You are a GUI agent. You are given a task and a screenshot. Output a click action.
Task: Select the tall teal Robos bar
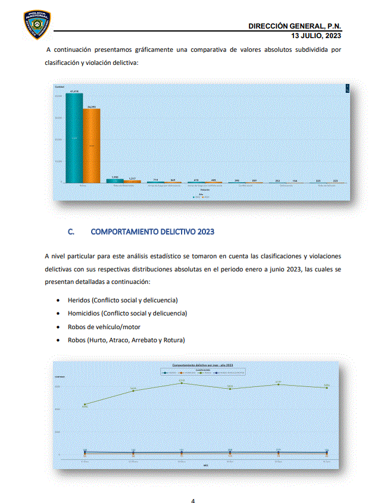click(74, 138)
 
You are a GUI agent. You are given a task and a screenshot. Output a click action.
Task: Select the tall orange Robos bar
click(91, 145)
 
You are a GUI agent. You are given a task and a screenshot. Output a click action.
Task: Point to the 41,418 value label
click(74, 91)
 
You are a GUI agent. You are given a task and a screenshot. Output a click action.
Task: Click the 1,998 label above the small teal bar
click(115, 177)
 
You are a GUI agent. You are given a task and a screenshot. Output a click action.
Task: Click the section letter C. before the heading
click(71, 232)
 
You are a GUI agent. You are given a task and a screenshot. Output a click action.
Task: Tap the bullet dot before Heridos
click(57, 300)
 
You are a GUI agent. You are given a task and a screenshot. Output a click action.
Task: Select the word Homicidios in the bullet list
click(85, 313)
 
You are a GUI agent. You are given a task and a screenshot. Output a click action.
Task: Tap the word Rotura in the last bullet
click(173, 340)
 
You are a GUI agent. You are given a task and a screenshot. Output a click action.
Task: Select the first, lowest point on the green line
click(85, 404)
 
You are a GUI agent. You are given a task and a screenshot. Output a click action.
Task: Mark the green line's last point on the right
click(326, 388)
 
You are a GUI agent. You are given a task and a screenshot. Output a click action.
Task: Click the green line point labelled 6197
click(278, 385)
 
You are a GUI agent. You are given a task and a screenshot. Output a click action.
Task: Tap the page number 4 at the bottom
click(192, 500)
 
